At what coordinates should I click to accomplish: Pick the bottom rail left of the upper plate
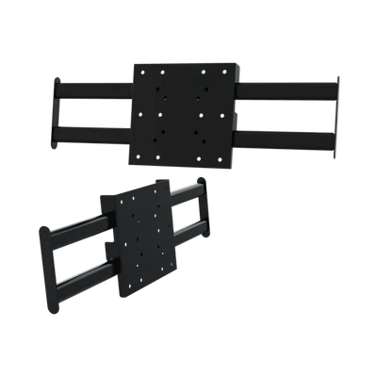[x=94, y=127]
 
